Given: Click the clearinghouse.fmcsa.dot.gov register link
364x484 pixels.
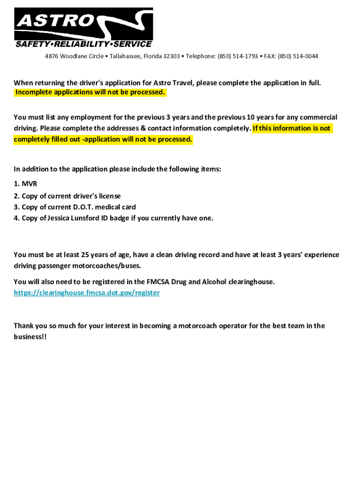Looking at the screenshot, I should pos(87,293).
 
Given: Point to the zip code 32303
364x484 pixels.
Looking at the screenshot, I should pos(171,56).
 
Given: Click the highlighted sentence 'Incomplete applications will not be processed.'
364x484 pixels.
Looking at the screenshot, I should pos(90,92).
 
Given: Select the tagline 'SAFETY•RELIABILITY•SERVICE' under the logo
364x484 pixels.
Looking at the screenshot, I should pos(84,44).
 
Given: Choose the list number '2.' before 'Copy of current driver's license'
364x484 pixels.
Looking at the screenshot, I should pos(17,196).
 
